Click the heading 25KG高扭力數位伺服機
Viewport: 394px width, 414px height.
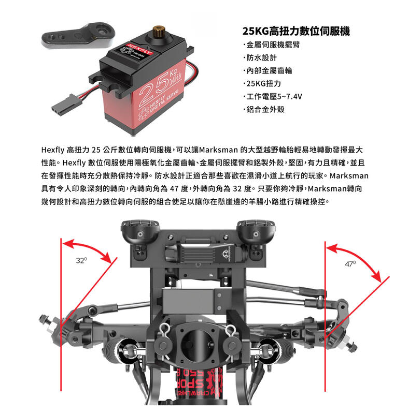[x=296, y=31]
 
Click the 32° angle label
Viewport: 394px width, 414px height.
[x=81, y=261]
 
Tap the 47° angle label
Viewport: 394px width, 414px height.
[x=350, y=264]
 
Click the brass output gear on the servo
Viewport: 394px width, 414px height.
[x=158, y=29]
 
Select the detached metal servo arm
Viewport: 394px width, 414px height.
[x=78, y=36]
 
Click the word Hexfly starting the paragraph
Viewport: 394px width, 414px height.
[x=53, y=150]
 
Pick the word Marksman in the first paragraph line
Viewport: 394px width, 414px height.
[x=218, y=150]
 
